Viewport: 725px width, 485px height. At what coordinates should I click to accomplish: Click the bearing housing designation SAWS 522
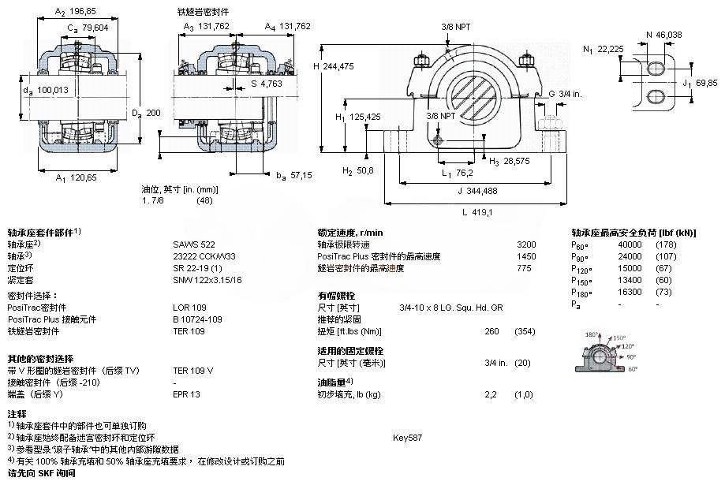click(193, 244)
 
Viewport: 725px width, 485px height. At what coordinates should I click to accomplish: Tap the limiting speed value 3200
click(526, 244)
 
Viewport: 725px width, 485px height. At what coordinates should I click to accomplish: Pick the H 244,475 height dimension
click(339, 67)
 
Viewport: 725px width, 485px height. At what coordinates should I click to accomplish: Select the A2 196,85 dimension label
click(71, 12)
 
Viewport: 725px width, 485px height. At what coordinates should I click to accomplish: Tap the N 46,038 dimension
click(665, 35)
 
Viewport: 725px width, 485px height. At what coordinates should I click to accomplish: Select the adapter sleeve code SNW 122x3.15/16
click(208, 279)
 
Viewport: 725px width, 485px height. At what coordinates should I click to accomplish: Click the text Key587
click(408, 437)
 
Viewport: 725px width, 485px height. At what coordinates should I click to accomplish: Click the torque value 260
click(491, 330)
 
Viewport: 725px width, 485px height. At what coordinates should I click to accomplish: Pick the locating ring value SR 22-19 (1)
click(198, 268)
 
